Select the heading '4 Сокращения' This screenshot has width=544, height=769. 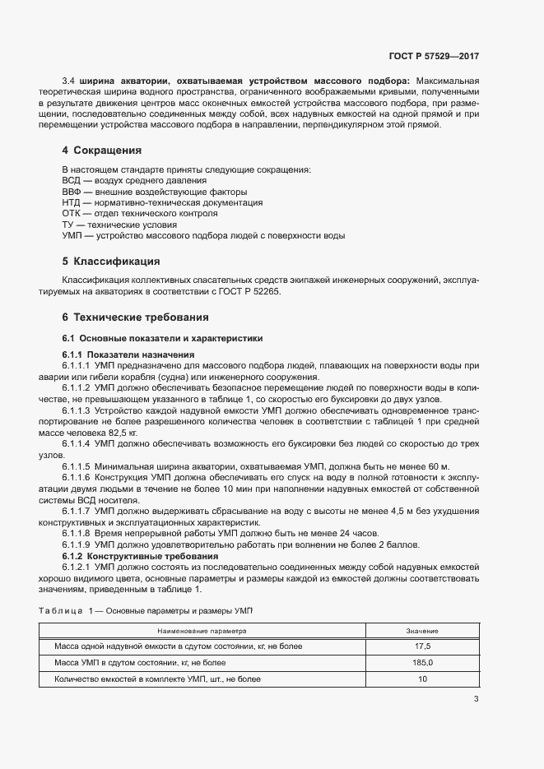[x=102, y=151]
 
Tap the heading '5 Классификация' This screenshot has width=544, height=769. [x=110, y=262]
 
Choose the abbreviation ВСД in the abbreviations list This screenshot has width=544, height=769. [x=72, y=180]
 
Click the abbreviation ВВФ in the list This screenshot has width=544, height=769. [x=72, y=192]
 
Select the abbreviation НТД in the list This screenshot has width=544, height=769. [x=72, y=202]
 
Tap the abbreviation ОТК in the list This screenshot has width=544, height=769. [x=72, y=213]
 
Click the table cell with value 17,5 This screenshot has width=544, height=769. [x=422, y=646]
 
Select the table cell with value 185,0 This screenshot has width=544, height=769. [x=422, y=663]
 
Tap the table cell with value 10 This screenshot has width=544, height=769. [x=422, y=679]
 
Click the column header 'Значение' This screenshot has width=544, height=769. [x=422, y=631]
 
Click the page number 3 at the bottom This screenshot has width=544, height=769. [x=476, y=700]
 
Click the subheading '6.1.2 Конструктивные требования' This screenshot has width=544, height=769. [x=136, y=556]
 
